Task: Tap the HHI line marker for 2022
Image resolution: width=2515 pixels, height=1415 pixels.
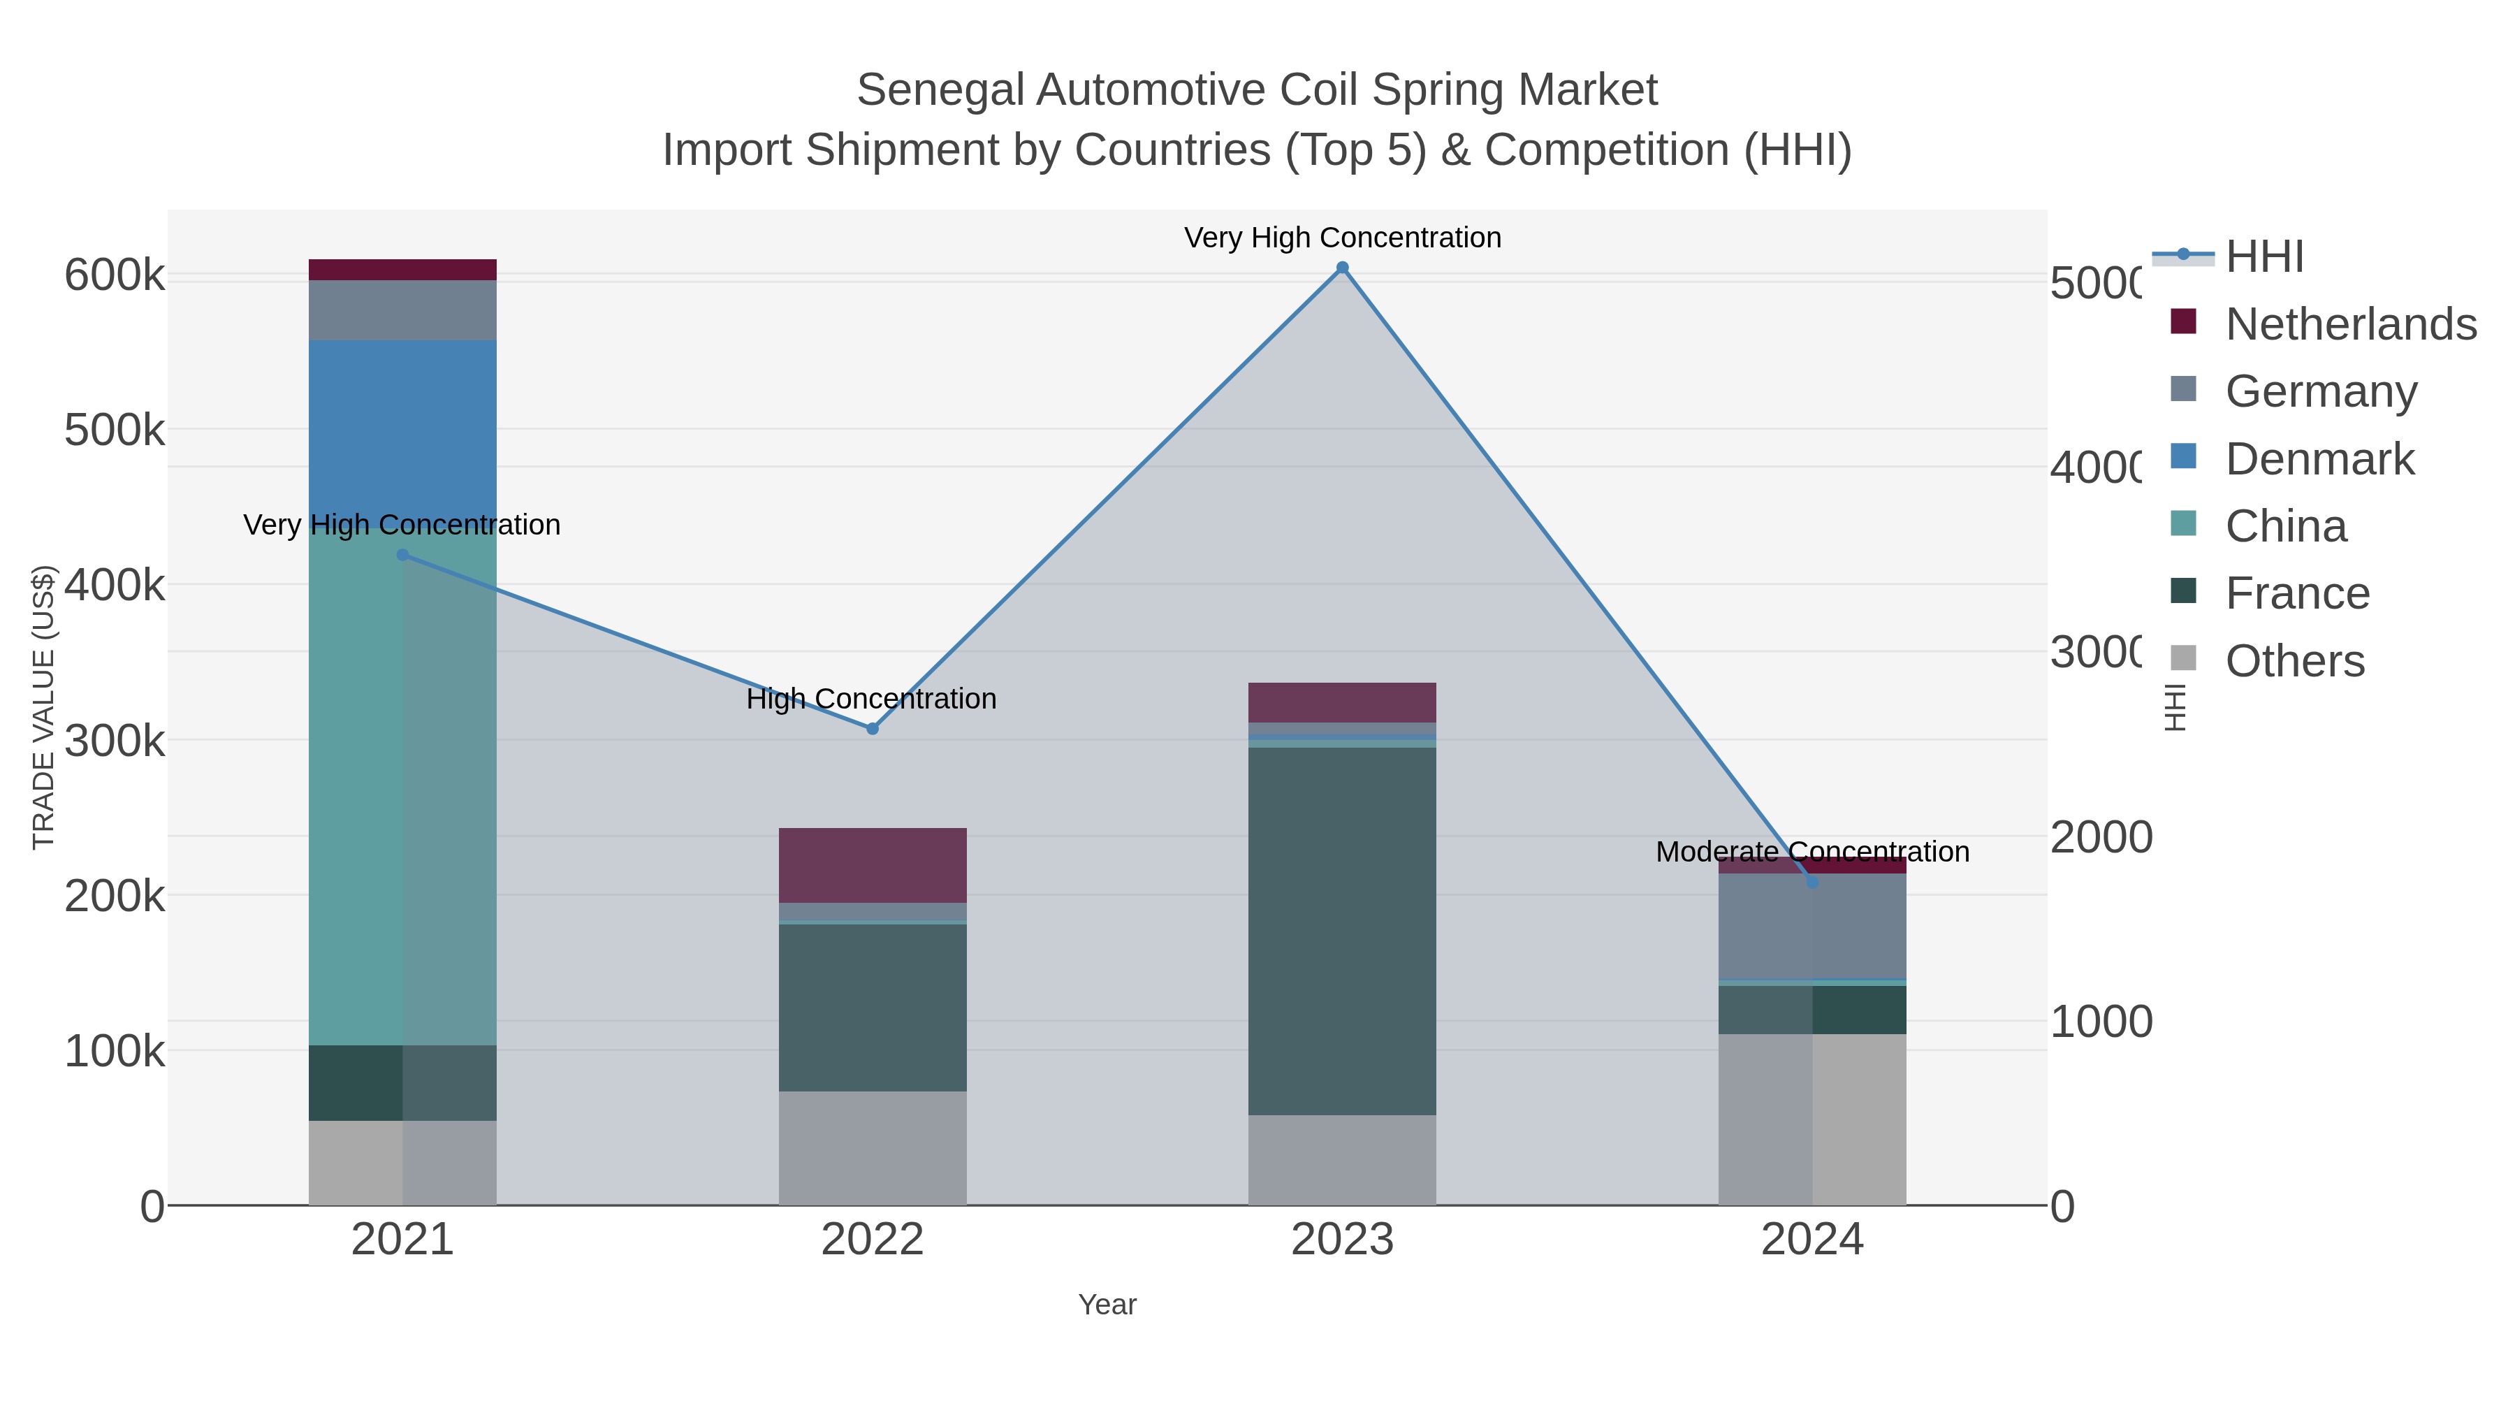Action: click(x=872, y=729)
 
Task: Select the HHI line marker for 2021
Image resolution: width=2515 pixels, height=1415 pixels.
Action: click(x=402, y=555)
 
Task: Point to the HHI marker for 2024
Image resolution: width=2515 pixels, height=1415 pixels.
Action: click(x=1812, y=882)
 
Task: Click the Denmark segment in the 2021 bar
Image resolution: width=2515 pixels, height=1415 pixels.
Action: click(x=402, y=430)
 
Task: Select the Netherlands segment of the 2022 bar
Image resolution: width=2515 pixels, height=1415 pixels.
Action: click(x=872, y=865)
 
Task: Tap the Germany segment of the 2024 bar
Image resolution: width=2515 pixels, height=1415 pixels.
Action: click(x=1812, y=926)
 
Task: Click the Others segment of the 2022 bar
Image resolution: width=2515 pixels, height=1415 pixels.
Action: click(x=872, y=1147)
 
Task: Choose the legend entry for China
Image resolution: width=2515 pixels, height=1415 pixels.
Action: click(x=2284, y=526)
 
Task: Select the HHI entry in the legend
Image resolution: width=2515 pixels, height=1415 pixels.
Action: click(x=2263, y=257)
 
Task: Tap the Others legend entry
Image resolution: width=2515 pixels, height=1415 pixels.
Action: click(x=2294, y=661)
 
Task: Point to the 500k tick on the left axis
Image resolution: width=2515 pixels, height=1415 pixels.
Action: click(x=115, y=430)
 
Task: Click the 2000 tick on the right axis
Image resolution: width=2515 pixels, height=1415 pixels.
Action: click(x=2099, y=837)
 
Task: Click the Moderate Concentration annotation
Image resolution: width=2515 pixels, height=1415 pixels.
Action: click(x=1812, y=852)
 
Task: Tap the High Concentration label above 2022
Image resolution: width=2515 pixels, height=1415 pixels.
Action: click(x=871, y=699)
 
